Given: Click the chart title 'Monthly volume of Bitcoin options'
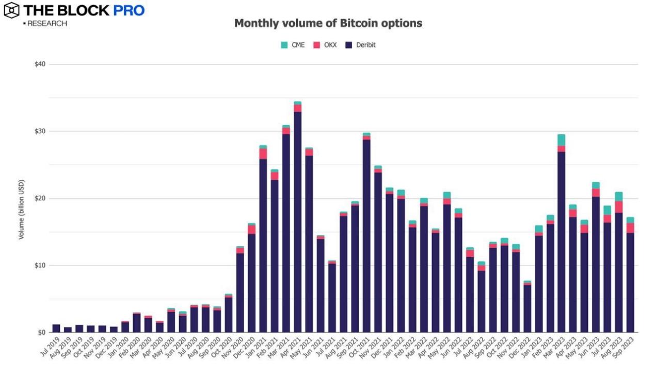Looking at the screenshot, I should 328,23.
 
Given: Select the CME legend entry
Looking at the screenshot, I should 293,45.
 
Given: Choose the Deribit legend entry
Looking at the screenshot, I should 360,45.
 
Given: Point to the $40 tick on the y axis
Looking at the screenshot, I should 40,64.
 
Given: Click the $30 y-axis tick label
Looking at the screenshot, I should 40,131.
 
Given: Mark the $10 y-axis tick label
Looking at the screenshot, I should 40,265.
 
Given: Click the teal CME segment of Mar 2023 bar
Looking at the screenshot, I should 561,140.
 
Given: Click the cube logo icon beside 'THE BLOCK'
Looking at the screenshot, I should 11,10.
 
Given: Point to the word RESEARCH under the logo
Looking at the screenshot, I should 47,23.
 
